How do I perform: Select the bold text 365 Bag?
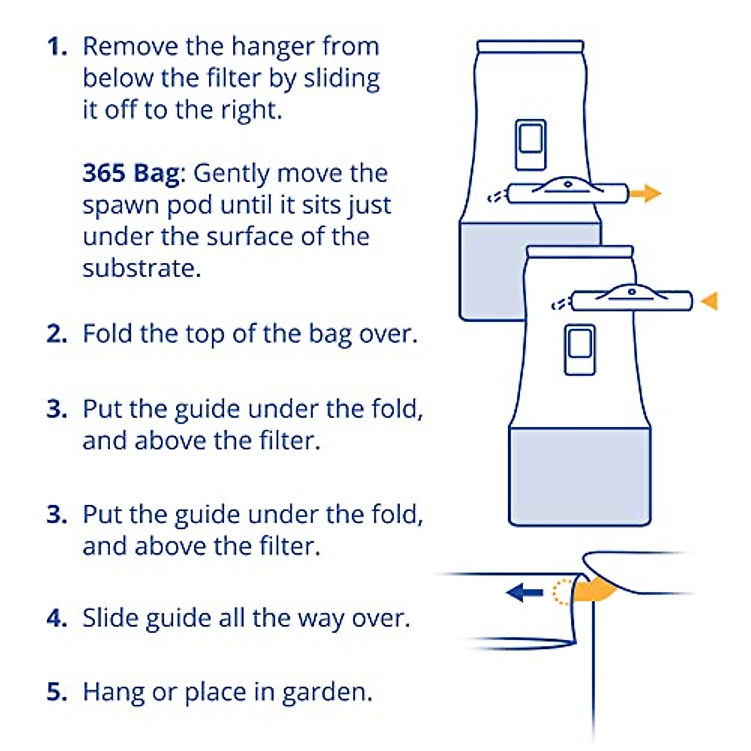pyautogui.click(x=131, y=173)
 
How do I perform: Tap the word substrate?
pyautogui.click(x=141, y=268)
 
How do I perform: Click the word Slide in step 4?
pyautogui.click(x=110, y=618)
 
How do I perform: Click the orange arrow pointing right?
pyautogui.click(x=645, y=193)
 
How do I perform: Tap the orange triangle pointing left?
pyautogui.click(x=709, y=301)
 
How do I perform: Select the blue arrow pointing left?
pyautogui.click(x=524, y=591)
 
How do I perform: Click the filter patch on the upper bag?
pyautogui.click(x=530, y=145)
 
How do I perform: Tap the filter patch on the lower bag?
pyautogui.click(x=580, y=350)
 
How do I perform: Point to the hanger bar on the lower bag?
pyautogui.click(x=632, y=300)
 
